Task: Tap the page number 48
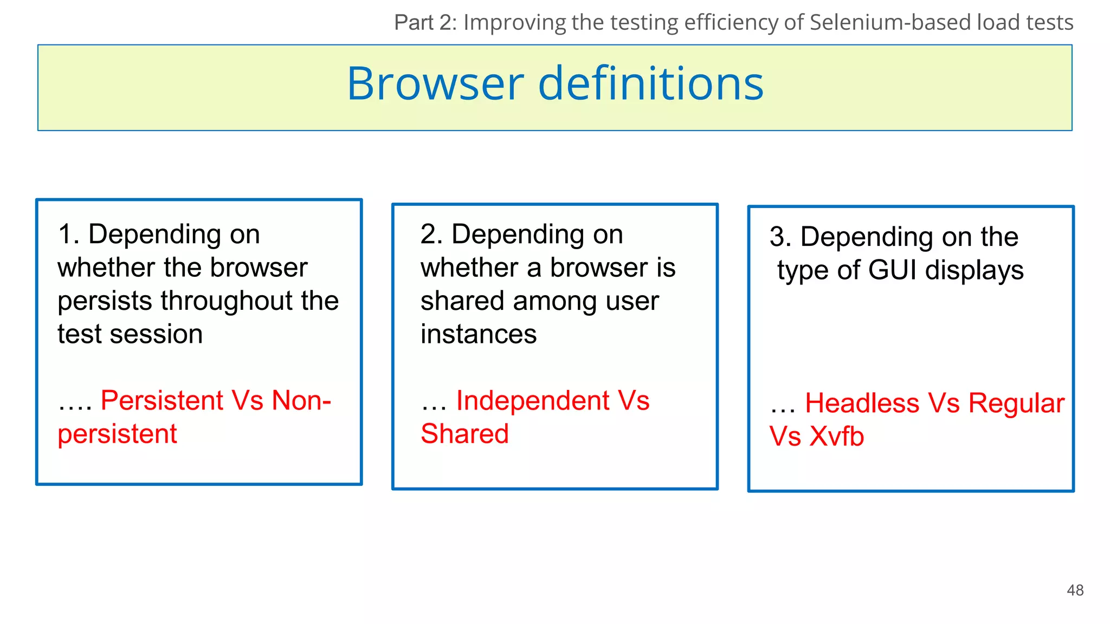pyautogui.click(x=1075, y=590)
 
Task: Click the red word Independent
pyautogui.click(x=533, y=401)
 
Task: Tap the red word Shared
pyautogui.click(x=464, y=434)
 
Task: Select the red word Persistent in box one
pyautogui.click(x=162, y=401)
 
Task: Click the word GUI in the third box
pyautogui.click(x=894, y=270)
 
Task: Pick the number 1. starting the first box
pyautogui.click(x=68, y=235)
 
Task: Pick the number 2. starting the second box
pyautogui.click(x=431, y=235)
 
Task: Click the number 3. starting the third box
pyautogui.click(x=780, y=237)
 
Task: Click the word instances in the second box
pyautogui.click(x=478, y=334)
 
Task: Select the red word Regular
pyautogui.click(x=1016, y=404)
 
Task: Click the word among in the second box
pyautogui.click(x=555, y=301)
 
